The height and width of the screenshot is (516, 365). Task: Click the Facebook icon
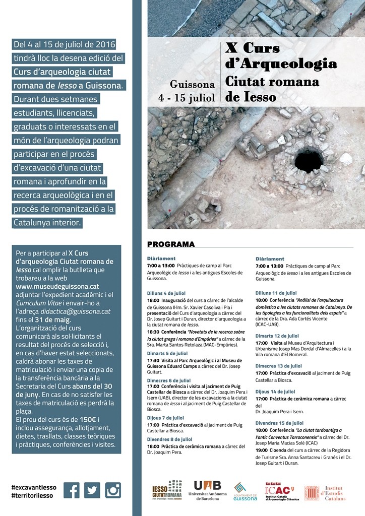click(72, 490)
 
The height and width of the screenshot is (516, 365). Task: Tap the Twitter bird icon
click(92, 490)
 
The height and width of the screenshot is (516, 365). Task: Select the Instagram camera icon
click(113, 490)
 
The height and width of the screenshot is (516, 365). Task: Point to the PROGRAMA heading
click(171, 244)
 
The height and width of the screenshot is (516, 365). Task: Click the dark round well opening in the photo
click(309, 161)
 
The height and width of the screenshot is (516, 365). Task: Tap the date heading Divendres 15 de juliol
click(279, 423)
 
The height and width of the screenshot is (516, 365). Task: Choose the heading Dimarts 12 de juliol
click(277, 336)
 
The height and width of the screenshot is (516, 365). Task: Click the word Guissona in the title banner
click(193, 84)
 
